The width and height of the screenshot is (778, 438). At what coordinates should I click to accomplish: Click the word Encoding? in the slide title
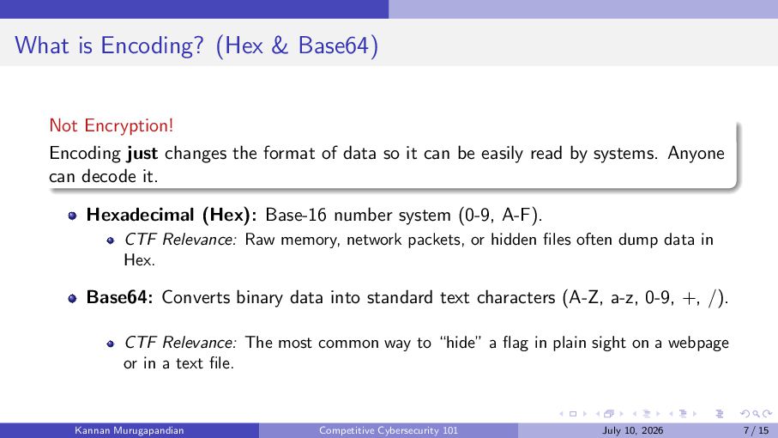[152, 46]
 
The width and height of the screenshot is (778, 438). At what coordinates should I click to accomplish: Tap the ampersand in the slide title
[280, 46]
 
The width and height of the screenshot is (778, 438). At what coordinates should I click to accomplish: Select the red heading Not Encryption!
[112, 125]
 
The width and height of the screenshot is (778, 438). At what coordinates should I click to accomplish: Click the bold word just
[142, 153]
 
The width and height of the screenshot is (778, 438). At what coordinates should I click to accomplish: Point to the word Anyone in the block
[696, 153]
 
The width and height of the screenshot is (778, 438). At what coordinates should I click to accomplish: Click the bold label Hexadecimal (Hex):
[172, 215]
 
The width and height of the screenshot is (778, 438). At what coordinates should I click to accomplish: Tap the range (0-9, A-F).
[500, 215]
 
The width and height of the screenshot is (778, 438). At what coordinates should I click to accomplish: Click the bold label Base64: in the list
[119, 297]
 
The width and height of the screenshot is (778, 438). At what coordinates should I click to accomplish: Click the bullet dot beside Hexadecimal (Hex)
[72, 216]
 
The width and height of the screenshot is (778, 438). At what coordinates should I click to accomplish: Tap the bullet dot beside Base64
[72, 298]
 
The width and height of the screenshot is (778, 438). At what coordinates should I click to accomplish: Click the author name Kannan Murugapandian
[129, 430]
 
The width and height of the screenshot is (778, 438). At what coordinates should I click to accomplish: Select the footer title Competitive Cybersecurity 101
[389, 430]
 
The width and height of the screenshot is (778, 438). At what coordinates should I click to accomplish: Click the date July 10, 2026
[633, 430]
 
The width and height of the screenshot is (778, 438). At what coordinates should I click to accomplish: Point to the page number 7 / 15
[757, 430]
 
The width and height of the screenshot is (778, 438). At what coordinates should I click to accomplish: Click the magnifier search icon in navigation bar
[756, 414]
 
